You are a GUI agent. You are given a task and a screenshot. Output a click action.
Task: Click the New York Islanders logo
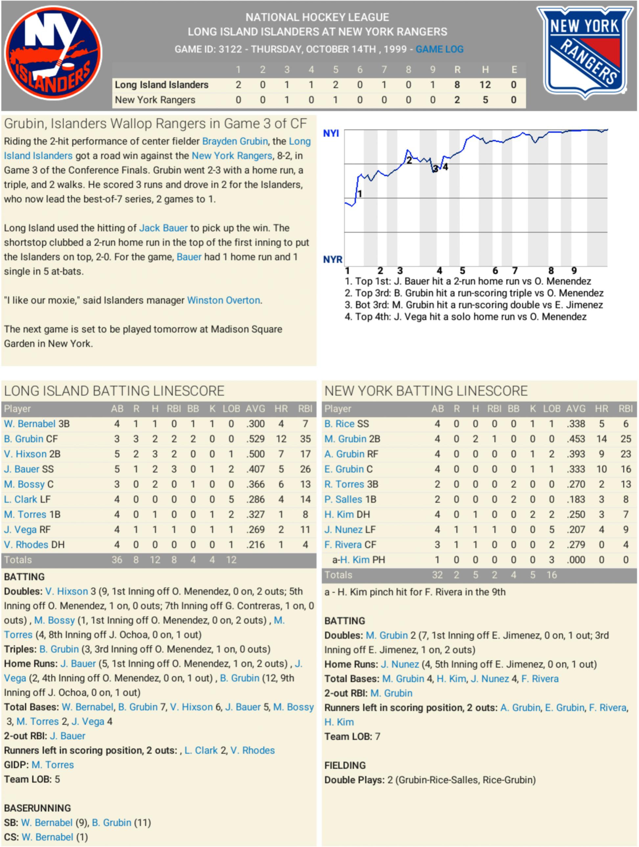(x=53, y=53)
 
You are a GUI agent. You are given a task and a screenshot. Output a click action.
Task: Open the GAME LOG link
(x=439, y=49)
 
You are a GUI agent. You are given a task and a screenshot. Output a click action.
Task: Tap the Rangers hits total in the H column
(x=485, y=100)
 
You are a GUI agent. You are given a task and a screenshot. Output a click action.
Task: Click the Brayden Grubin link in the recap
(x=235, y=141)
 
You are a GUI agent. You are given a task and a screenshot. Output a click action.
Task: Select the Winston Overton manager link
(x=223, y=300)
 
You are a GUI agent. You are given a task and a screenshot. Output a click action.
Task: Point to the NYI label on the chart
(x=331, y=133)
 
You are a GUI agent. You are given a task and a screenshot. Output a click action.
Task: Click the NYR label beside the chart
(x=332, y=260)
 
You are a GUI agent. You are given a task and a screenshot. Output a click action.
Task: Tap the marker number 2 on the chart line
(x=409, y=160)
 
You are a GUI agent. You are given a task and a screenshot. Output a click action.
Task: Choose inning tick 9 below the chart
(x=574, y=271)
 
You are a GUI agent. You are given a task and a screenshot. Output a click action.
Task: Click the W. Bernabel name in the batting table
(x=30, y=424)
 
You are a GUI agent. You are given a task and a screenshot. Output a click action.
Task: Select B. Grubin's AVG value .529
(x=255, y=439)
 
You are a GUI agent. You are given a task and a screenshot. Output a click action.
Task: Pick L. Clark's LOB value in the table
(x=231, y=499)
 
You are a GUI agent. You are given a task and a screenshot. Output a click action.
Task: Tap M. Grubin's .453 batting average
(x=576, y=439)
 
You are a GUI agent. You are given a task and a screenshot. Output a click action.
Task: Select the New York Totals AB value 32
(x=437, y=575)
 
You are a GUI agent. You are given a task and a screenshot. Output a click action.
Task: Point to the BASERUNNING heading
(x=37, y=808)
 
